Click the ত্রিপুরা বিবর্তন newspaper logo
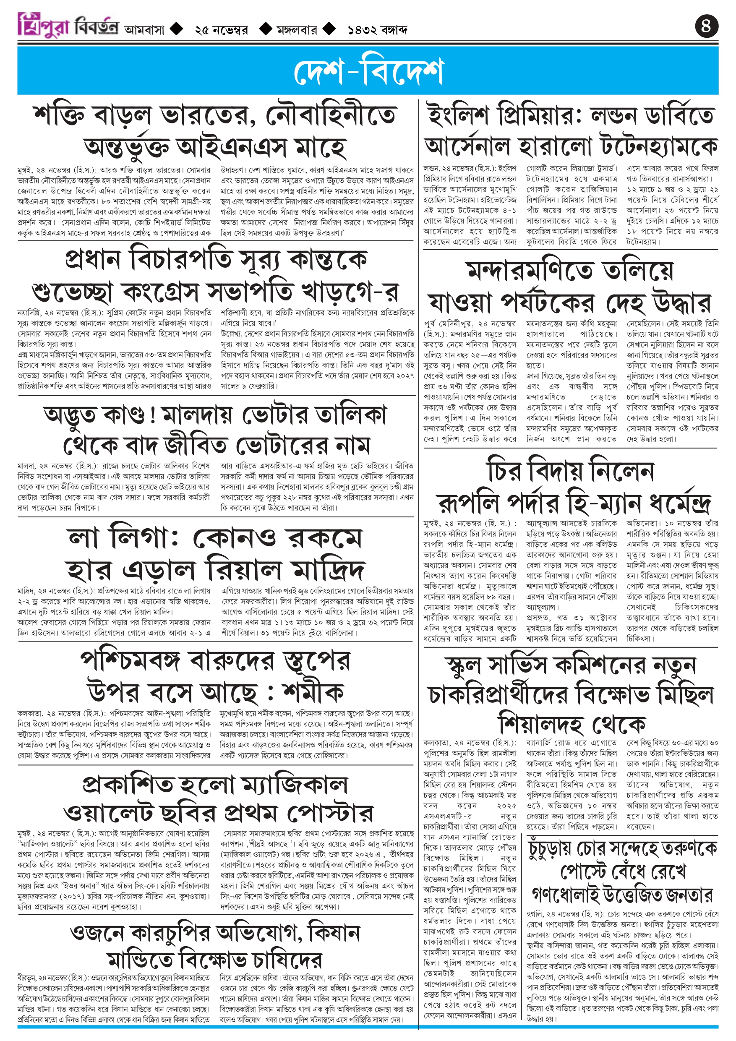tap(68, 25)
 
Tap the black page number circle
tap(707, 26)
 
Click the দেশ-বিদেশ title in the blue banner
tap(368, 71)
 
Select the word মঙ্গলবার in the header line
tap(297, 30)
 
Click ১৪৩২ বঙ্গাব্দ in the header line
tap(377, 30)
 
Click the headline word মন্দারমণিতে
tap(530, 271)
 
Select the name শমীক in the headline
tap(313, 693)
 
